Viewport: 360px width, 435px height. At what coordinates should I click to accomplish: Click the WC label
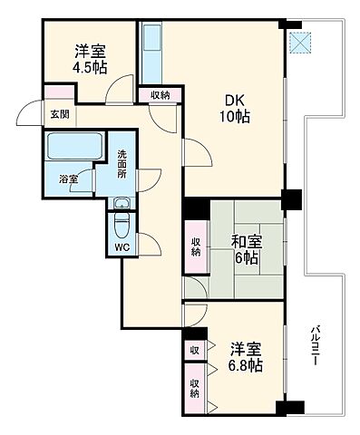coord(122,244)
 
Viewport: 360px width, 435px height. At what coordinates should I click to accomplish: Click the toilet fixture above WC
coord(122,221)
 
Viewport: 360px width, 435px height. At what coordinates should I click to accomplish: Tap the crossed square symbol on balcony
coord(299,40)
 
